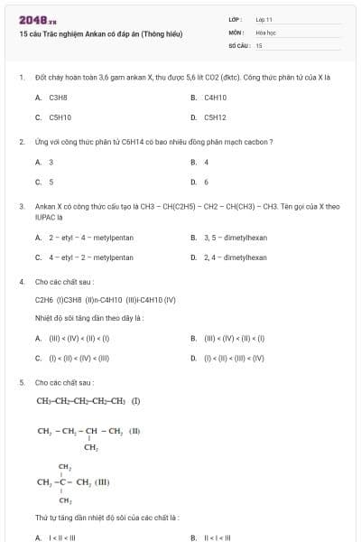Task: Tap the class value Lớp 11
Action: tap(264, 19)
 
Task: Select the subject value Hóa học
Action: tap(265, 32)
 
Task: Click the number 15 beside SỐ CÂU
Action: tap(259, 44)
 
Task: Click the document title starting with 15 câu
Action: tap(100, 33)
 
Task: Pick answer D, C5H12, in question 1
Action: tap(215, 117)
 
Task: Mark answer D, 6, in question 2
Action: tap(207, 182)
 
